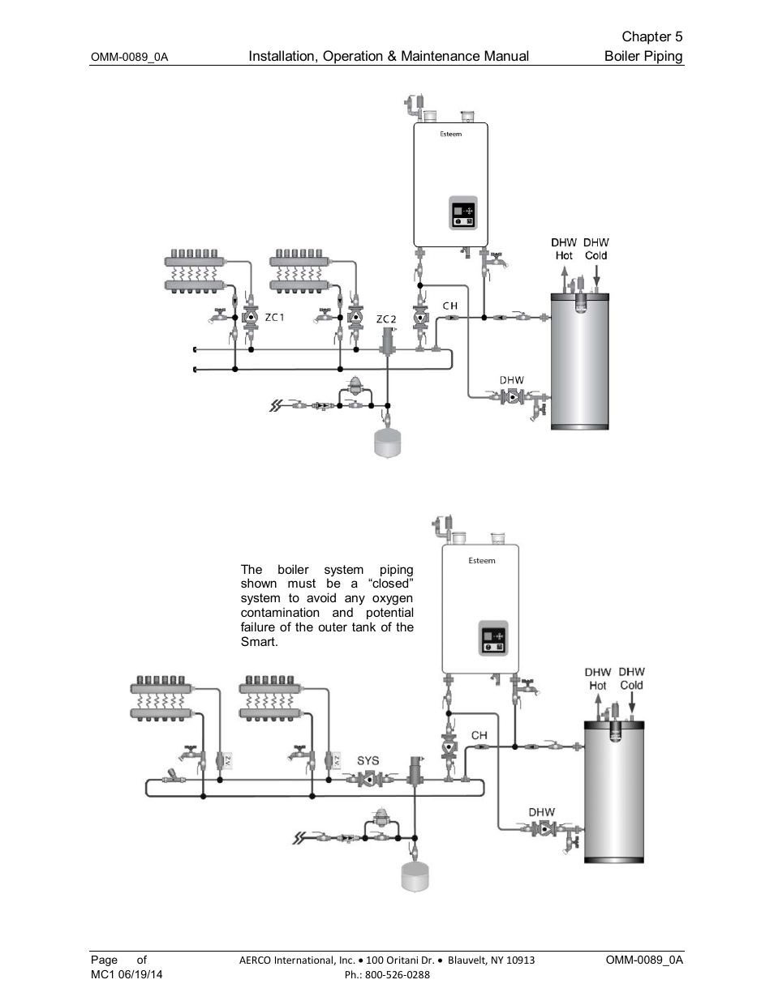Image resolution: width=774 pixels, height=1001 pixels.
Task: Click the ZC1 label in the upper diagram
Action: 275,317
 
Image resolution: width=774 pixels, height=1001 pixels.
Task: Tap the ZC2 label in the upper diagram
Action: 386,319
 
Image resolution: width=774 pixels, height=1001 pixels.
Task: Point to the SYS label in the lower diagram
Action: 368,760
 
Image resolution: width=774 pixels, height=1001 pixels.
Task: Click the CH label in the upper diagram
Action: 449,306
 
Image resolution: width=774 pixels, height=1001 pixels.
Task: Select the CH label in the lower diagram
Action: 479,735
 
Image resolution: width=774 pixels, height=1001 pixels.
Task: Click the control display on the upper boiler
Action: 463,214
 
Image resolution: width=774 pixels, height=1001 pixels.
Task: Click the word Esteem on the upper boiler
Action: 451,135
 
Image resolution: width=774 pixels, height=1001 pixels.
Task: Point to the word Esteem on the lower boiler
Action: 482,560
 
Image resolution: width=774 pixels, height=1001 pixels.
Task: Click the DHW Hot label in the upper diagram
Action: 564,249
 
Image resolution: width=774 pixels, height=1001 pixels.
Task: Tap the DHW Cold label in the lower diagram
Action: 631,678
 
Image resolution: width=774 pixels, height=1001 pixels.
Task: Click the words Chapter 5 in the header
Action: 652,36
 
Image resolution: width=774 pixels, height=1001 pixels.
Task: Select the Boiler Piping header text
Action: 643,56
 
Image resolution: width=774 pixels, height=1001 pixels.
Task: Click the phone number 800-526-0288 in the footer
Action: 398,974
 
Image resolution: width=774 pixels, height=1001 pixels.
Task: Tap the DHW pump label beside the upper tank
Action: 511,379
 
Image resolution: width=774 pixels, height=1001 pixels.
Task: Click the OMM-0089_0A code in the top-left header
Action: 129,58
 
